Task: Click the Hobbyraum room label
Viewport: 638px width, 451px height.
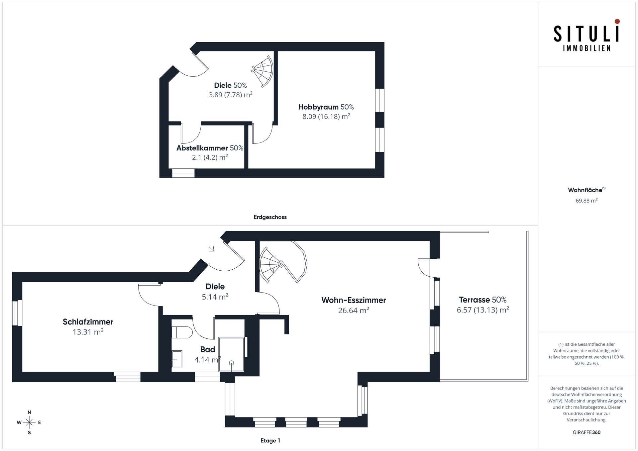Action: pyautogui.click(x=318, y=107)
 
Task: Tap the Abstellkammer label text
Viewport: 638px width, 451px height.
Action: pyautogui.click(x=202, y=148)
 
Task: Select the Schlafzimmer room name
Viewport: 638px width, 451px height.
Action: pyautogui.click(x=88, y=321)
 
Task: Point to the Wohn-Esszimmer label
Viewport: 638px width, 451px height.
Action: pyautogui.click(x=354, y=300)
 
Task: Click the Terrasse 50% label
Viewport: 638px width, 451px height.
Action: pyautogui.click(x=482, y=300)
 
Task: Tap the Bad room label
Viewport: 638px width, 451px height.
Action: pyautogui.click(x=208, y=349)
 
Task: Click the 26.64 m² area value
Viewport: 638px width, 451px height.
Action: pyautogui.click(x=354, y=310)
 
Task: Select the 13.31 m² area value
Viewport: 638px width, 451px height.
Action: pyautogui.click(x=88, y=332)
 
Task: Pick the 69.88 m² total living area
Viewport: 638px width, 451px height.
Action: pyautogui.click(x=586, y=200)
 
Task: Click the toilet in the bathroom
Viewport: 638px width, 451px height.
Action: pyautogui.click(x=182, y=332)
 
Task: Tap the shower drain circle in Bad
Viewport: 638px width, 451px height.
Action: pyautogui.click(x=232, y=363)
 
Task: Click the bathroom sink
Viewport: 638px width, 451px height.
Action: pyautogui.click(x=177, y=359)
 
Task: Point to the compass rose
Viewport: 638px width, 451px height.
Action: pyautogui.click(x=29, y=422)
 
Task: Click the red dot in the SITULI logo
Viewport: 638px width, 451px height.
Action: pyautogui.click(x=617, y=21)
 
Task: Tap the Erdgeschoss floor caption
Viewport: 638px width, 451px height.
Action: pyautogui.click(x=270, y=217)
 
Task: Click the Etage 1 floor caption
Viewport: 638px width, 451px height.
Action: pyautogui.click(x=270, y=440)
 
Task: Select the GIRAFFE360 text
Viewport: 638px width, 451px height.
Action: pyautogui.click(x=586, y=432)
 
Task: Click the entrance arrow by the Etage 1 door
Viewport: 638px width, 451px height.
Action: pyautogui.click(x=211, y=249)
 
